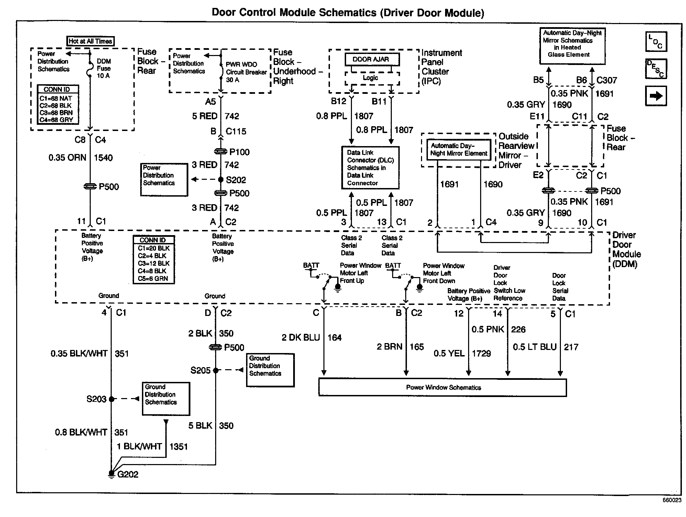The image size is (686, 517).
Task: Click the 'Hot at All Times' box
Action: tap(90, 41)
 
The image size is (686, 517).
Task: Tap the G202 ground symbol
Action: tap(111, 474)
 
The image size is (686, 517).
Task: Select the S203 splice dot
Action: tap(111, 399)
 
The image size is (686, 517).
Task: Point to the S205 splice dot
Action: tap(216, 370)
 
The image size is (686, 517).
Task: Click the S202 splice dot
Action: tap(221, 179)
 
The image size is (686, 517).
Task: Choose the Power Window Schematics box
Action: tap(443, 387)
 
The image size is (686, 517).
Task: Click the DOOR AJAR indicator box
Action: tap(372, 59)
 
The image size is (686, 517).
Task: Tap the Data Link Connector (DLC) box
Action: tap(370, 168)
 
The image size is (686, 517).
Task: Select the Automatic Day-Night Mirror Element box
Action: tap(458, 150)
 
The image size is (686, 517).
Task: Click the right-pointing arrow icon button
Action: tap(656, 96)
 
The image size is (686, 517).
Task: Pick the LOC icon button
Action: tap(656, 42)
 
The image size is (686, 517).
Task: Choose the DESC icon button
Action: tap(656, 69)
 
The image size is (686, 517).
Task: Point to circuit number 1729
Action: tap(482, 353)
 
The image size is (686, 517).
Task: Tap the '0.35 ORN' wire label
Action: tap(67, 158)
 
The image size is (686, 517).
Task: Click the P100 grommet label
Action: tap(240, 152)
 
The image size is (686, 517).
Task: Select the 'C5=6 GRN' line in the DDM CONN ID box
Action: tap(153, 278)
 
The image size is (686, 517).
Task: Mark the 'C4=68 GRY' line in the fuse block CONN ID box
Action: tap(56, 120)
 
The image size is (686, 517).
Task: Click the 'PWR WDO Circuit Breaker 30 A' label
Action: tap(246, 72)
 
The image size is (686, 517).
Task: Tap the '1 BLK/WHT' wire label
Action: tap(140, 447)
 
